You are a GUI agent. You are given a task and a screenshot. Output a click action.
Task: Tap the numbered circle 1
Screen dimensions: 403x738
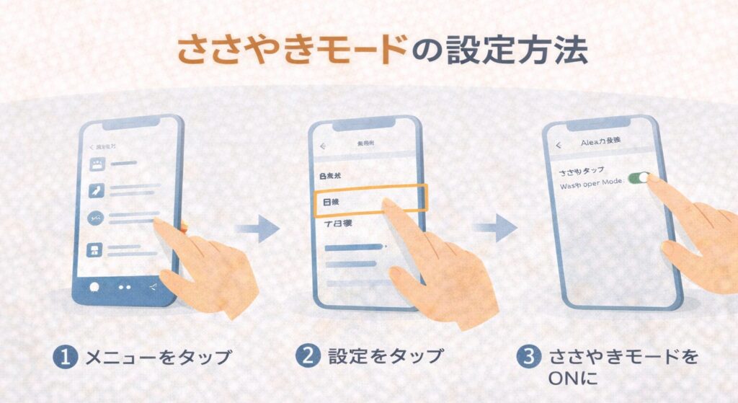(66, 357)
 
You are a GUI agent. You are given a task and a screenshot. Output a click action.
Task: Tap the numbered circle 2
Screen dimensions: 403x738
(307, 357)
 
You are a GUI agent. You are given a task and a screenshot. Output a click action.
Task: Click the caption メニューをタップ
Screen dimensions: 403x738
(158, 357)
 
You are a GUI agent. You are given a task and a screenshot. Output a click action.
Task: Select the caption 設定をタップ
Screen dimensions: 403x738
(385, 357)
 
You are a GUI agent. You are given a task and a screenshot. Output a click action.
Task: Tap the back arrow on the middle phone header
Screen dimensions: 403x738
(324, 146)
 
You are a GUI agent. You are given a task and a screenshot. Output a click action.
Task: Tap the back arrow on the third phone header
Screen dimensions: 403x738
(559, 144)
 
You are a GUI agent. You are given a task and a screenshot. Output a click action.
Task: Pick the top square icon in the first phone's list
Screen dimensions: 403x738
(97, 164)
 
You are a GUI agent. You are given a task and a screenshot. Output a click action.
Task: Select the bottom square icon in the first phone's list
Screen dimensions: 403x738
(95, 250)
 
